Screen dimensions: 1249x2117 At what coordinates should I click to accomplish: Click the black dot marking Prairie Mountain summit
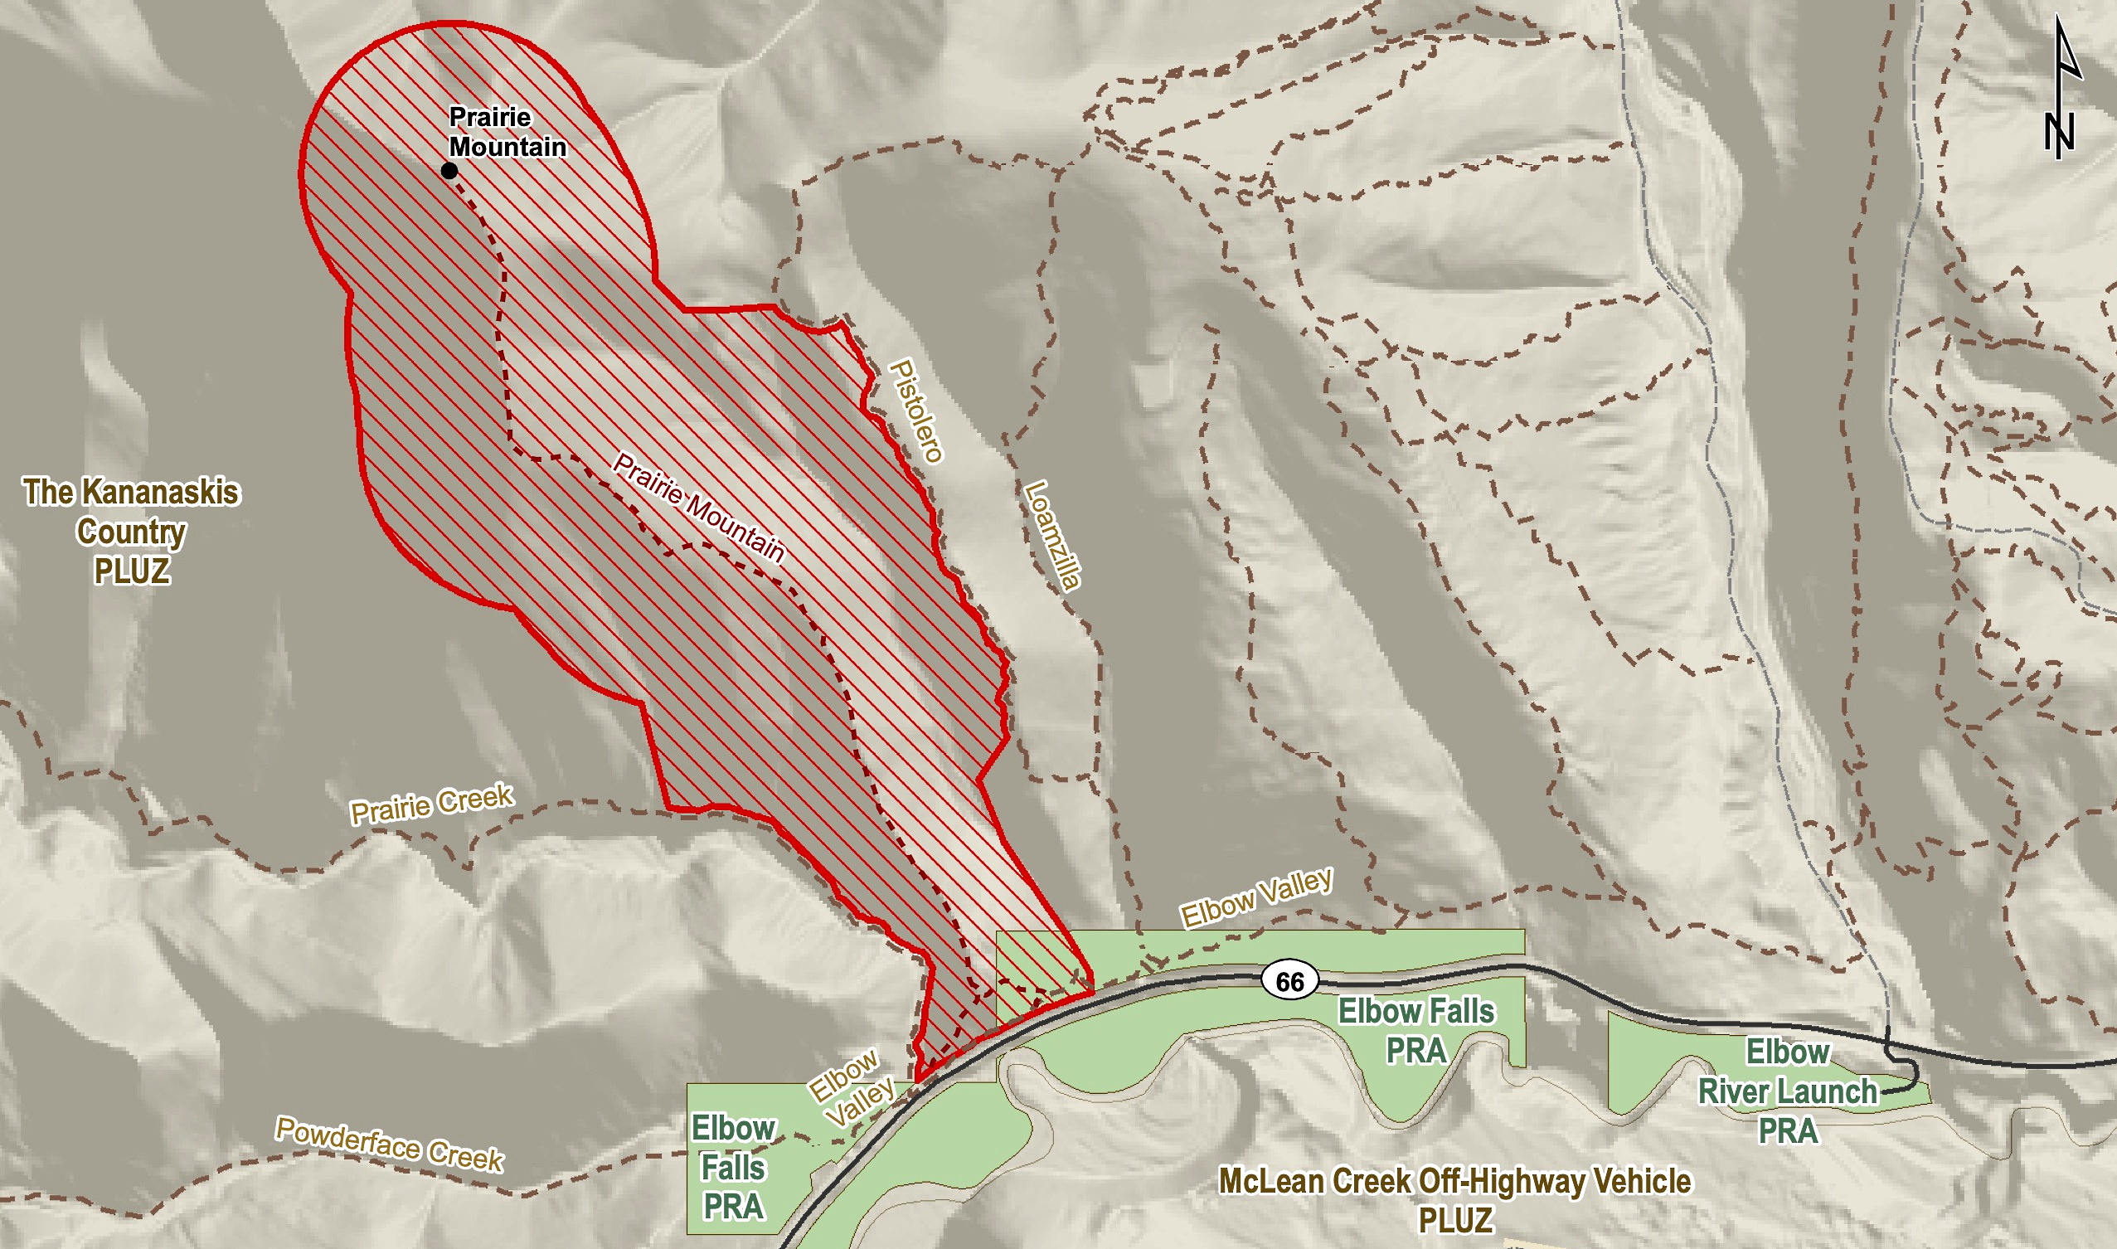tap(449, 171)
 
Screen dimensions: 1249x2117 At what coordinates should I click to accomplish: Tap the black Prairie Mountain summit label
tap(507, 131)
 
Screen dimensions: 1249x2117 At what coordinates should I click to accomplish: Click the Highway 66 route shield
tap(1290, 982)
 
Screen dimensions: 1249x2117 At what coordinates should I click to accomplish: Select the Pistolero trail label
tap(916, 411)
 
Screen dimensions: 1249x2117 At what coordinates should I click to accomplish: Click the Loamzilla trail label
tap(1051, 535)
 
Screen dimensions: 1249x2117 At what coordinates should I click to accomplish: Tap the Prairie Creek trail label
tap(432, 804)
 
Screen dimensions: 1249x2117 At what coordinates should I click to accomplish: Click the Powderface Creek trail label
tap(390, 1145)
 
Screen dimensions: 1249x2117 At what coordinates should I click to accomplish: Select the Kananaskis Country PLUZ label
tap(132, 531)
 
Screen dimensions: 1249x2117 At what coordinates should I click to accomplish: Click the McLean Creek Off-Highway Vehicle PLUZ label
tap(1454, 1200)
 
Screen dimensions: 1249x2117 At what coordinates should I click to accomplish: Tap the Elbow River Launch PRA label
tap(1788, 1091)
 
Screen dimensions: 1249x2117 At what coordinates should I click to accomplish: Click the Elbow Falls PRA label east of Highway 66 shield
tap(1416, 1030)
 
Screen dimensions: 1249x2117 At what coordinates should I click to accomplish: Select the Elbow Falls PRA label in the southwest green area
tap(733, 1168)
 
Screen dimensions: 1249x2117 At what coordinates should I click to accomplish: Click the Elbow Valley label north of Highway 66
tap(1256, 899)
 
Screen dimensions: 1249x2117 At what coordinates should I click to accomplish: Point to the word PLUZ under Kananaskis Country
tap(132, 571)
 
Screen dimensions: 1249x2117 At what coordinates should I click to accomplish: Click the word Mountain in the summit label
tap(507, 147)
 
